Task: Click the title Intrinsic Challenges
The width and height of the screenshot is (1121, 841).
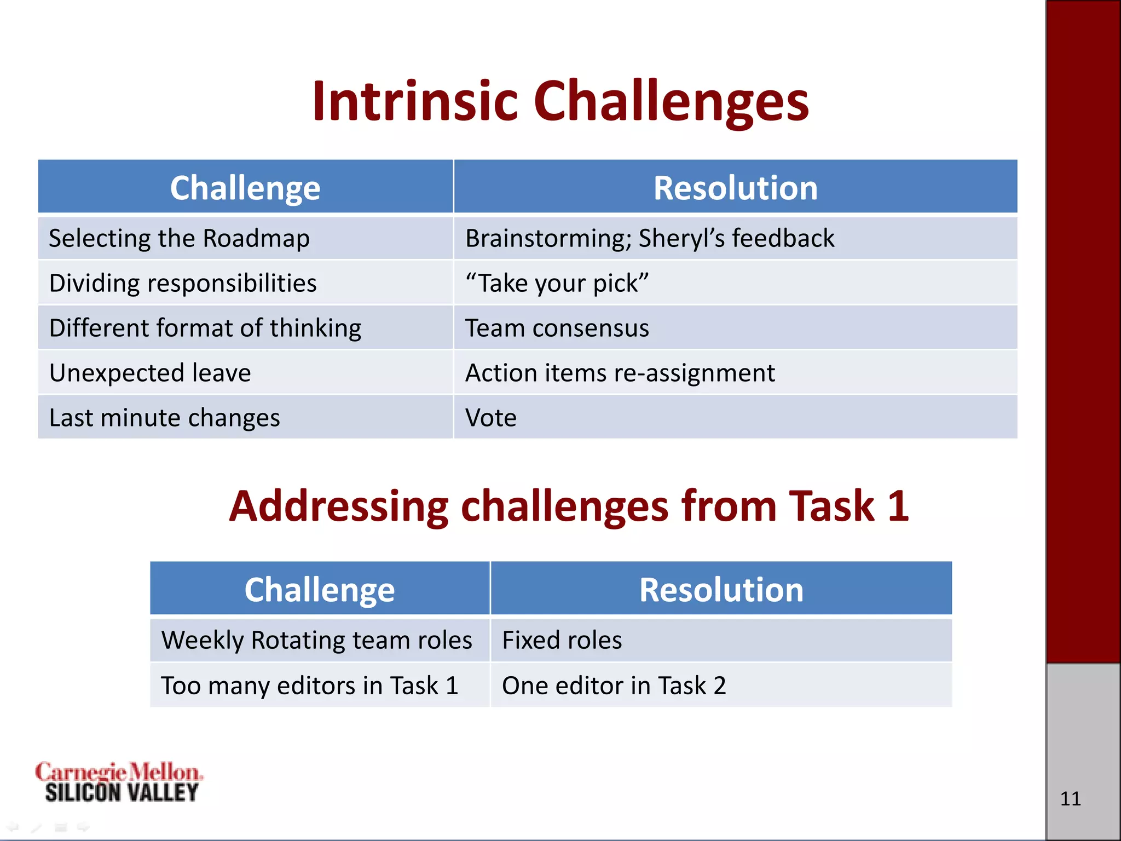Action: coord(560,101)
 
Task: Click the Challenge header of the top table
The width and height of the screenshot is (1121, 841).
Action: coord(245,188)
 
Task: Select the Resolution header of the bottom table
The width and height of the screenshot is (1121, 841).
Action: coord(721,590)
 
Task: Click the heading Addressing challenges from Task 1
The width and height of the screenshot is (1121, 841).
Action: coord(569,506)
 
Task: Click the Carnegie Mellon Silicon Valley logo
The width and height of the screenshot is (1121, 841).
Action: coord(119,782)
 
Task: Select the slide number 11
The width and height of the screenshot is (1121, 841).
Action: coord(1071,799)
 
